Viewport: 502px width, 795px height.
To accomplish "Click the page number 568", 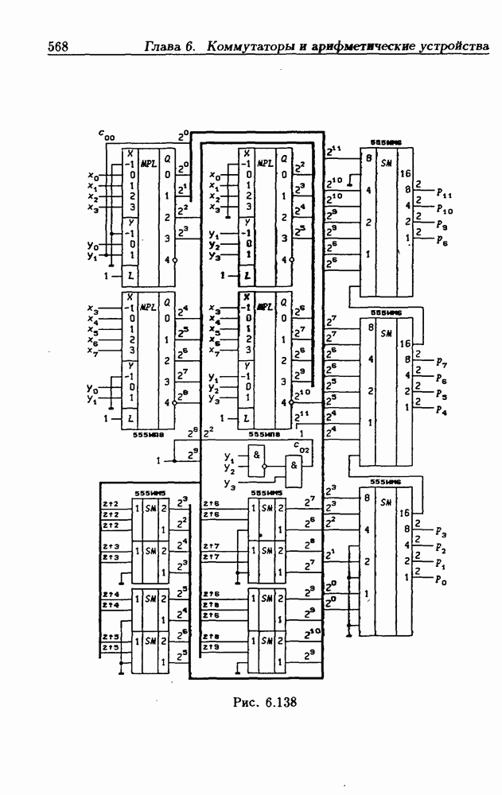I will [x=58, y=46].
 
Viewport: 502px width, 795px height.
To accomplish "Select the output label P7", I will [x=442, y=363].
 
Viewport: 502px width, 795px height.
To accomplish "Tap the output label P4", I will [x=442, y=411].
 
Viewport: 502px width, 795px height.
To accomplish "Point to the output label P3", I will [x=442, y=532].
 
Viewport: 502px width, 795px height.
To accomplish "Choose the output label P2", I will [x=442, y=549].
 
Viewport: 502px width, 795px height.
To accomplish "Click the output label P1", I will [x=442, y=564].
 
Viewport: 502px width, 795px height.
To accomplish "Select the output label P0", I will [x=442, y=581].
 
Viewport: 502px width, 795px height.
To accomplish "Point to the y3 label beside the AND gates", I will [x=230, y=484].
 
